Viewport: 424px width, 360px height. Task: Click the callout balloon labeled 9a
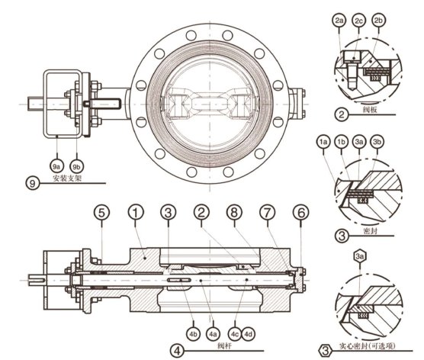(56, 166)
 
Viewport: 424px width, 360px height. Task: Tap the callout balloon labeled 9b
(77, 166)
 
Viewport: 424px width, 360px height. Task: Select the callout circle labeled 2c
(359, 21)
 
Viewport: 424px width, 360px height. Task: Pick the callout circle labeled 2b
(378, 21)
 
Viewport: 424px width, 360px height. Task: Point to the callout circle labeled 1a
(323, 142)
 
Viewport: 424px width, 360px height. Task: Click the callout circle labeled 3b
(377, 142)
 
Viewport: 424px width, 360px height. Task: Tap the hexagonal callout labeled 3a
(359, 256)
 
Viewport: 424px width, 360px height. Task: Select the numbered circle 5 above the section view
(101, 212)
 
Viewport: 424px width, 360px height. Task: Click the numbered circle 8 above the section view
(234, 212)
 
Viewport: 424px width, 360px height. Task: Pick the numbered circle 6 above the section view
(301, 212)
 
